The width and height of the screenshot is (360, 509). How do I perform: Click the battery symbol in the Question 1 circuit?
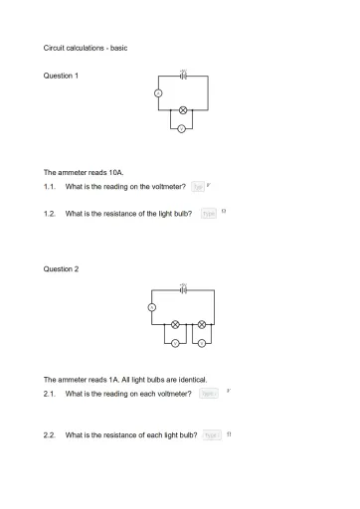pyautogui.click(x=183, y=76)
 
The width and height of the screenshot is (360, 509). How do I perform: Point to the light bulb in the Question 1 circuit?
pyautogui.click(x=183, y=110)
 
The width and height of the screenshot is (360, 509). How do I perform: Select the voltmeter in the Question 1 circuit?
pyautogui.click(x=181, y=128)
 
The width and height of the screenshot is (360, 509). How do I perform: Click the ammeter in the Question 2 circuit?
pyautogui.click(x=152, y=307)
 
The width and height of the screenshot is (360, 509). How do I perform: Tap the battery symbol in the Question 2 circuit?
pyautogui.click(x=183, y=290)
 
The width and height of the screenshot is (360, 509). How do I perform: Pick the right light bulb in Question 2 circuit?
pyautogui.click(x=201, y=324)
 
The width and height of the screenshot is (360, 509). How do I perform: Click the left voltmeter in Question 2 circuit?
pyautogui.click(x=175, y=344)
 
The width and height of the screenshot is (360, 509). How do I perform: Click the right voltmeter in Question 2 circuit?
pyautogui.click(x=201, y=344)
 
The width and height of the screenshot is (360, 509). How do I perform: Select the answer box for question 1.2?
pyautogui.click(x=209, y=213)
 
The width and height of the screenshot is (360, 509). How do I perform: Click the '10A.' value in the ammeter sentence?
pyautogui.click(x=115, y=171)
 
